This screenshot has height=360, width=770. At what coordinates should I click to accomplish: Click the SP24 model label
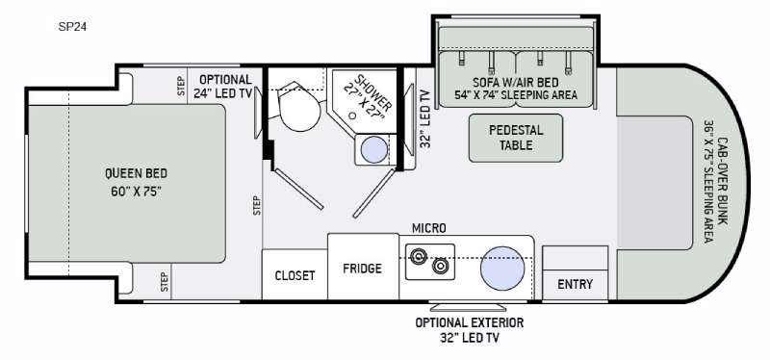[x=73, y=27]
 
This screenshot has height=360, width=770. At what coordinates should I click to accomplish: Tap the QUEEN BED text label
[x=136, y=173]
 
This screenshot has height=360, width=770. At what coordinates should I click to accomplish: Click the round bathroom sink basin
[x=374, y=149]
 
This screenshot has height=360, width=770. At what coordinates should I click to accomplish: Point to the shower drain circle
[x=352, y=116]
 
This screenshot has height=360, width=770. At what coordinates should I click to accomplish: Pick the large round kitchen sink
[x=502, y=268]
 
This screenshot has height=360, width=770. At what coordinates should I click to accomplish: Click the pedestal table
[x=516, y=138]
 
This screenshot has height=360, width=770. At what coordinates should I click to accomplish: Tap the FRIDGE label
[x=363, y=269]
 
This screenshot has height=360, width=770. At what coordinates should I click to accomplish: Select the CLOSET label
[x=295, y=275]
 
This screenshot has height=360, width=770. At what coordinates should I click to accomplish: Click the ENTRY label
[x=575, y=284]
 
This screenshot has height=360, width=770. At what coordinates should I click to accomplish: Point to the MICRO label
[x=428, y=228]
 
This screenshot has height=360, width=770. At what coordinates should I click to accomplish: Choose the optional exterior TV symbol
[x=468, y=307]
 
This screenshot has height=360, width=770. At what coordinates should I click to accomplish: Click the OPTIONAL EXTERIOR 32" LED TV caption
[x=470, y=330]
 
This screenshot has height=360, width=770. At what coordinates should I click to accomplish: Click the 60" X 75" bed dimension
[x=136, y=192]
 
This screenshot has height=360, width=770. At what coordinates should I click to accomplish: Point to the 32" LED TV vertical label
[x=425, y=118]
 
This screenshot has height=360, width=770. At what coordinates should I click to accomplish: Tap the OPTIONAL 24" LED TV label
[x=222, y=87]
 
